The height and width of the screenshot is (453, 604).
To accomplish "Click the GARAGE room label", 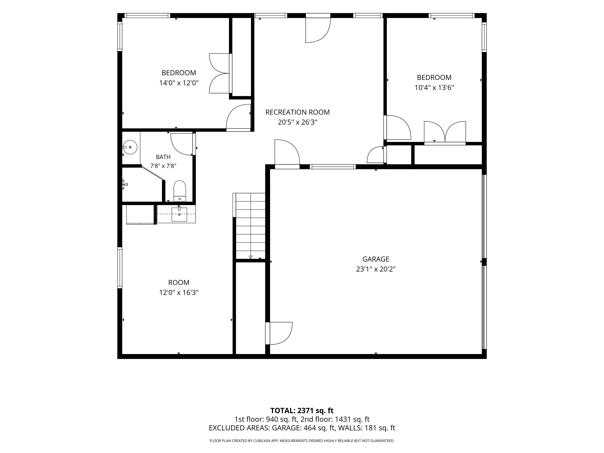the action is [376, 259].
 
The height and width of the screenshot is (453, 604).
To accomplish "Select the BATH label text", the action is [163, 157].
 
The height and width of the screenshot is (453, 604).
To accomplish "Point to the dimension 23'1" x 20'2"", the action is [376, 269].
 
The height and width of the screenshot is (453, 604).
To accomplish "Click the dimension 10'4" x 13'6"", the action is [434, 88].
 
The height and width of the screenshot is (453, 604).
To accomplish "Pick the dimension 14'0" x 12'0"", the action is [179, 83].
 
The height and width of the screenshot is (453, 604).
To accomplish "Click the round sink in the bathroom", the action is [130, 147].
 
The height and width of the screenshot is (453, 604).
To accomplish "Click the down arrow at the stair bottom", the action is [251, 257].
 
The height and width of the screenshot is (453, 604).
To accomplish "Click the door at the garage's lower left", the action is [279, 333].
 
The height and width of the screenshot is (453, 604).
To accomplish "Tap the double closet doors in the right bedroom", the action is [445, 133].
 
